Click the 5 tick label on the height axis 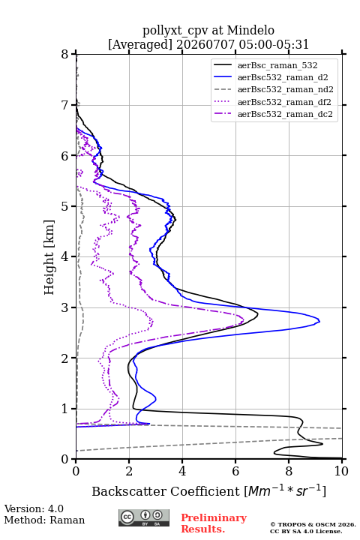64,207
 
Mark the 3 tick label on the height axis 64,307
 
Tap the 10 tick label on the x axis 341,471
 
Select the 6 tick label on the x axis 235,471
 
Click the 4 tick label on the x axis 182,471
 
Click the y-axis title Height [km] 49,257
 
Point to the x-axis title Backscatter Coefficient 165,491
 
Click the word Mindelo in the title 250,30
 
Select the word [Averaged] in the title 140,44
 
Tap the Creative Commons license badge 144,517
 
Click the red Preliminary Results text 214,523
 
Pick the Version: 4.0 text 34,508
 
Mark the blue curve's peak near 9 319,322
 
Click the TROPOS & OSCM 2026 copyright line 313,524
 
